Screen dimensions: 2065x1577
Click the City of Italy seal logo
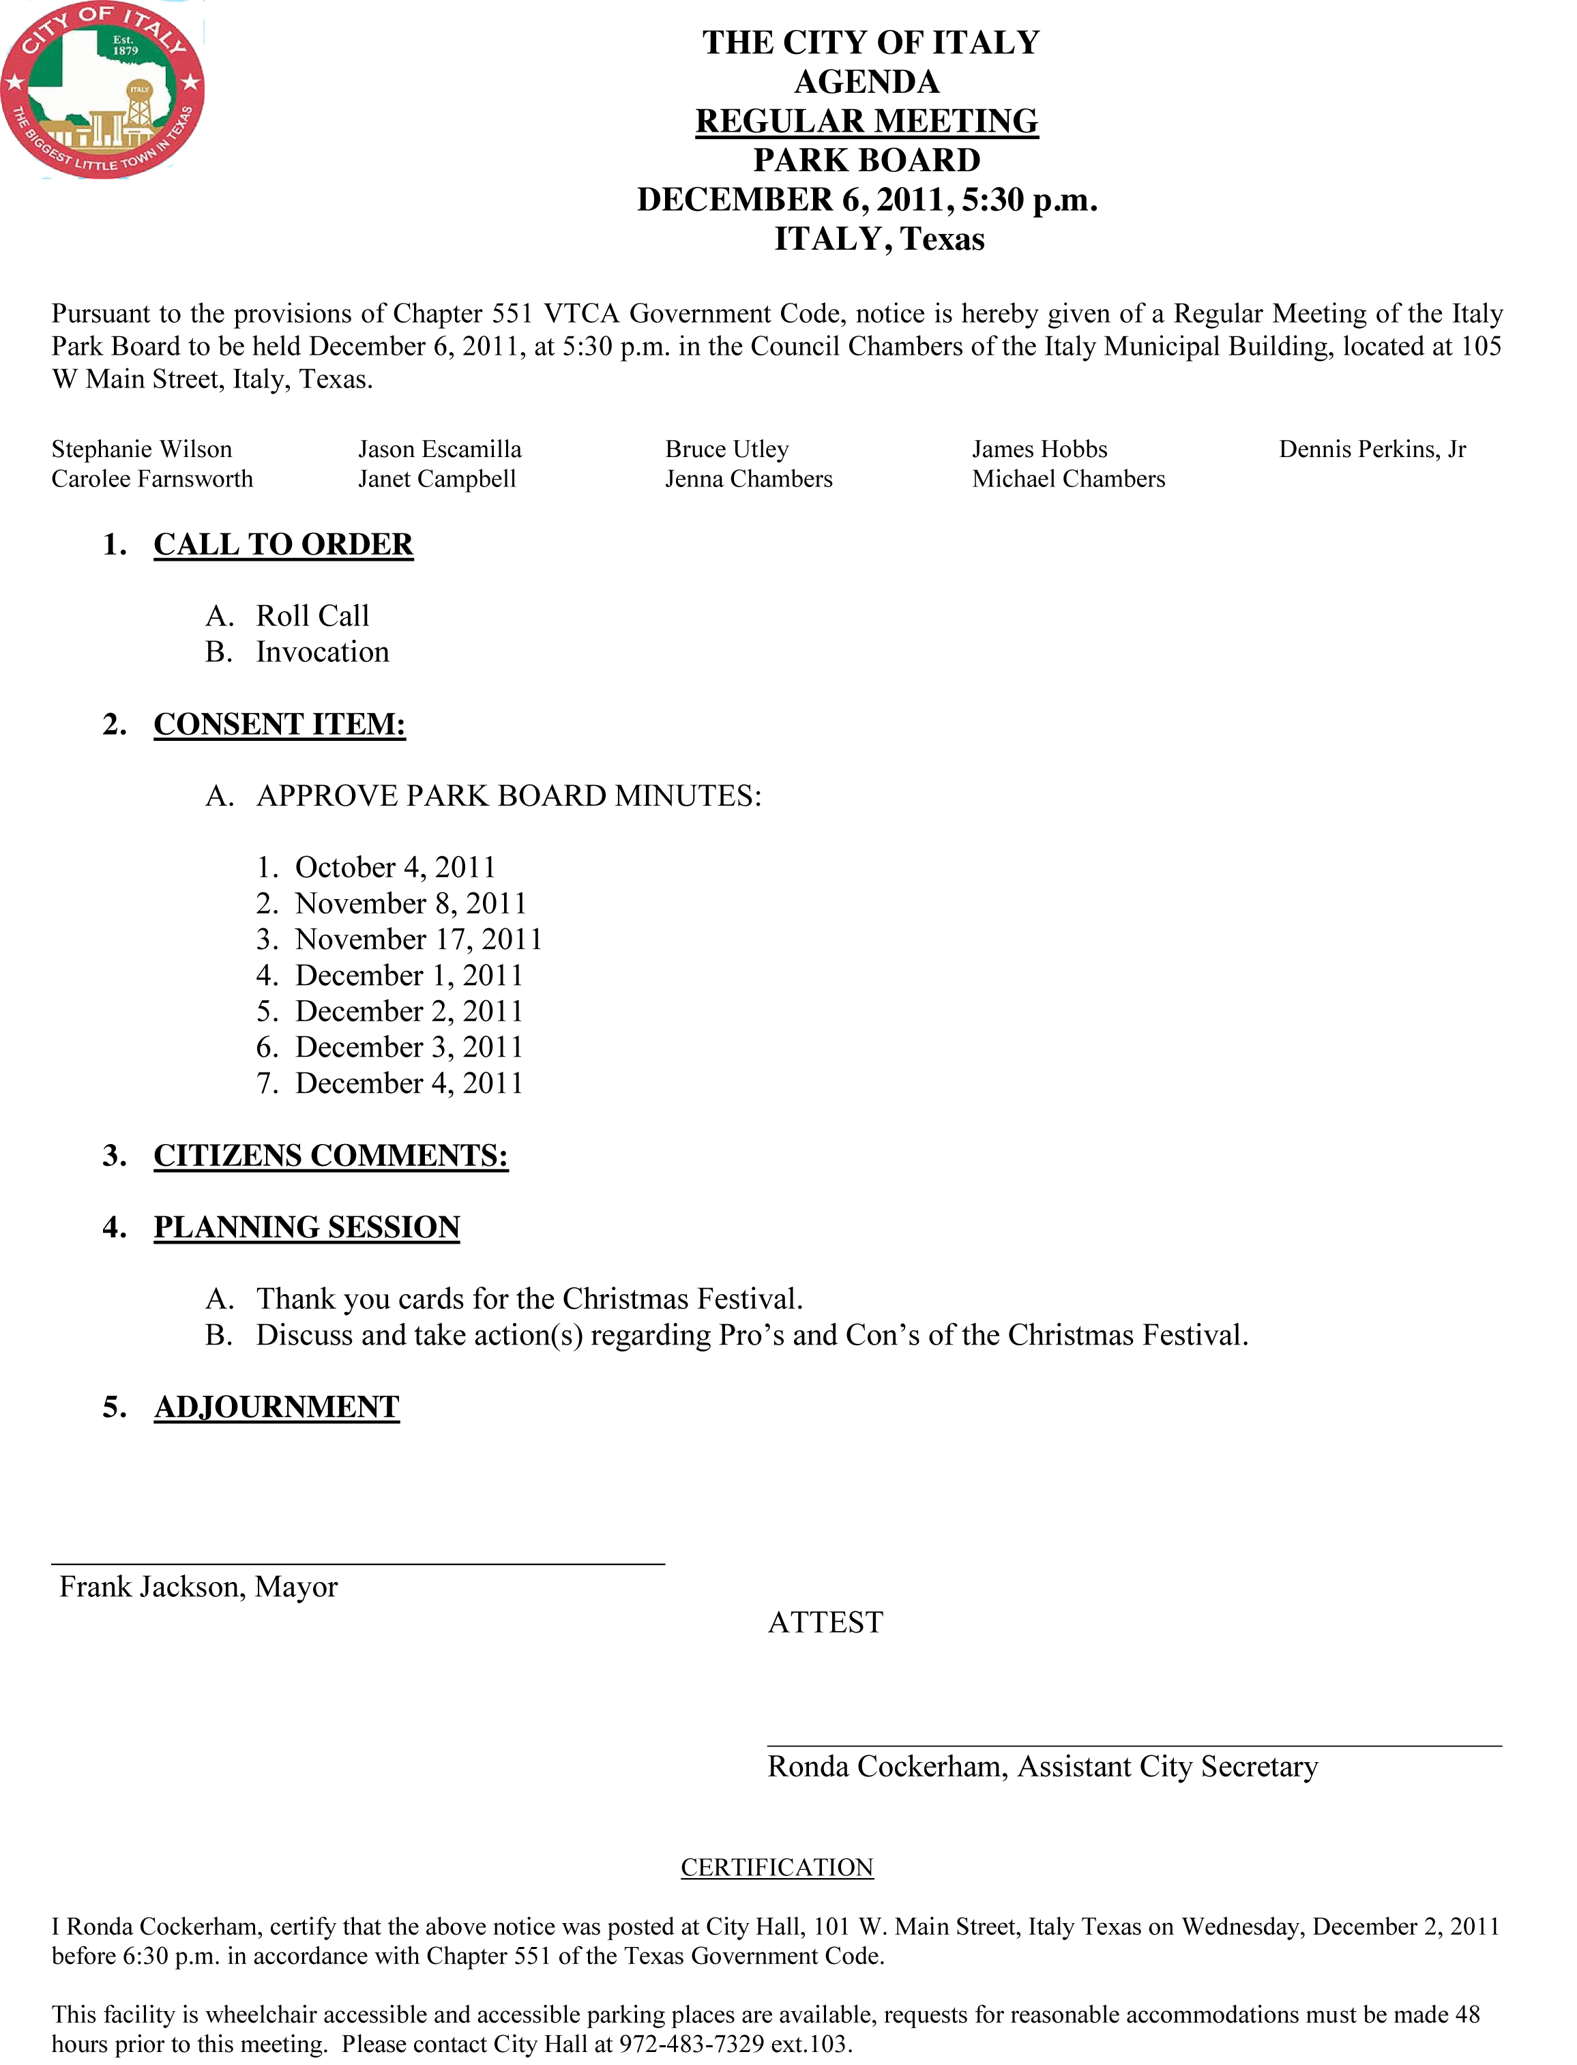click(x=102, y=90)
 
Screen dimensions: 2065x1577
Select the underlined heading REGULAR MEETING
click(x=866, y=121)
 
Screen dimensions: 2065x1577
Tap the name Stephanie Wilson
click(x=142, y=450)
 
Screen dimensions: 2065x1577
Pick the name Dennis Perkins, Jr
click(x=1372, y=450)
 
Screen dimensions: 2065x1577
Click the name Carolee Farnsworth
click(x=152, y=480)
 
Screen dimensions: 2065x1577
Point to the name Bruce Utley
click(x=726, y=450)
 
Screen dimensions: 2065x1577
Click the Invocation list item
click(x=322, y=652)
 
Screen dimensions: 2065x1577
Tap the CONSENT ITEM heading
click(x=280, y=724)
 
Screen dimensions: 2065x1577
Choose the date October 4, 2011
click(x=394, y=867)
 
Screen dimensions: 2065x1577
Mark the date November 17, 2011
click(x=419, y=939)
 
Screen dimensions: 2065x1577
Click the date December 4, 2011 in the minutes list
click(x=409, y=1084)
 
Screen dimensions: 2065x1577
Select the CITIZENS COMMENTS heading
click(x=330, y=1156)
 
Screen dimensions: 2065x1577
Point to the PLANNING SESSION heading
click(x=307, y=1228)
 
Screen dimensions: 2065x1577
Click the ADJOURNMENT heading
click(x=277, y=1407)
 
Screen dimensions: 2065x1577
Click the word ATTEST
click(x=825, y=1623)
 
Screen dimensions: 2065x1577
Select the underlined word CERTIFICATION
click(x=777, y=1868)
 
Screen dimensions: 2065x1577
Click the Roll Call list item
click(x=312, y=617)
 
